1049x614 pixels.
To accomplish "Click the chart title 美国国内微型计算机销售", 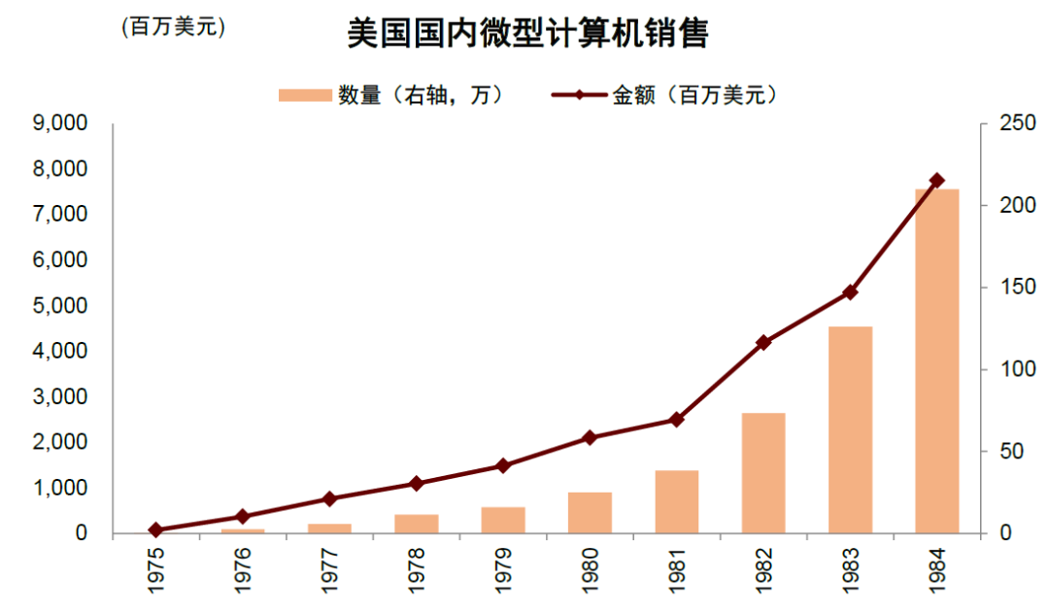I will pos(527,35).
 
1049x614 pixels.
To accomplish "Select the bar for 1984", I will pos(936,361).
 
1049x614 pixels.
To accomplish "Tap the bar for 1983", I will pos(850,430).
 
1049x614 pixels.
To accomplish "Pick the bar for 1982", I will pos(762,473).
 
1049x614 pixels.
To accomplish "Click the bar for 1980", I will pos(590,513).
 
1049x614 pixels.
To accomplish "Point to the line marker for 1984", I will pos(936,180).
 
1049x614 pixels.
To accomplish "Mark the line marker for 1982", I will pos(762,342).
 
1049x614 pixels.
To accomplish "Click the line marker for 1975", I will pos(155,529).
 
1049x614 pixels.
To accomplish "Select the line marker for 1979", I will pos(502,465).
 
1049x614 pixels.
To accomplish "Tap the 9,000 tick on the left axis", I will pos(60,123).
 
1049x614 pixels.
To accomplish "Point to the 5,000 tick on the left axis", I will pos(60,306).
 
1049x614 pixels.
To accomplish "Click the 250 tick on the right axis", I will pos(1010,123).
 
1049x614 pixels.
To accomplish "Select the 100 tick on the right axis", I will pos(1010,369).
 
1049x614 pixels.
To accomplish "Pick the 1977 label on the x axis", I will pos(329,568).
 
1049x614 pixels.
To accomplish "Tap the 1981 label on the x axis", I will pos(676,568).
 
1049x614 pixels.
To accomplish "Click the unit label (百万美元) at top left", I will pos(173,28).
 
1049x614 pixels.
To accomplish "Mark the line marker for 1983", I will pos(850,291).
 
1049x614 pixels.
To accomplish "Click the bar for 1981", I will pos(676,501).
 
